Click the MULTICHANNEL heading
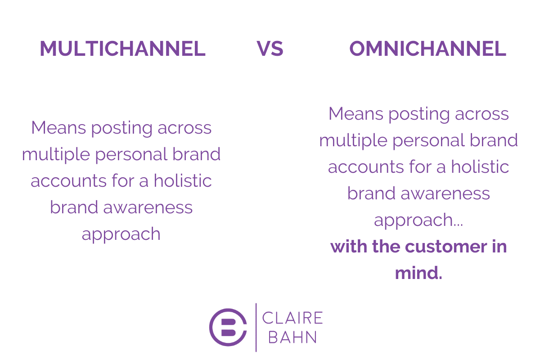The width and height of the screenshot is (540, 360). pyautogui.click(x=123, y=49)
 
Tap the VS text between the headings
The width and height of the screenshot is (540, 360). pyautogui.click(x=270, y=49)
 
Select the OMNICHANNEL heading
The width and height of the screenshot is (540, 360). pyautogui.click(x=427, y=49)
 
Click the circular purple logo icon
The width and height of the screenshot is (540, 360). pyautogui.click(x=228, y=327)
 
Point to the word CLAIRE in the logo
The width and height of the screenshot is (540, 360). pyautogui.click(x=292, y=318)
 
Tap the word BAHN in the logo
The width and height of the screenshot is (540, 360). pyautogui.click(x=292, y=337)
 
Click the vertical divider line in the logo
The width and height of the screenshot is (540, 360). pyautogui.click(x=256, y=328)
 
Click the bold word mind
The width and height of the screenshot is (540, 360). pyautogui.click(x=418, y=273)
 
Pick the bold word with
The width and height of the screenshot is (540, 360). pyautogui.click(x=349, y=246)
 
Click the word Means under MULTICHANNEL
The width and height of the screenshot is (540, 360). pyautogui.click(x=58, y=127)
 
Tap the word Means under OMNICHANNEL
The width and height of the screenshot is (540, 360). pyautogui.click(x=356, y=113)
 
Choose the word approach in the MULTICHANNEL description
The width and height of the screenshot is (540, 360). pyautogui.click(x=121, y=234)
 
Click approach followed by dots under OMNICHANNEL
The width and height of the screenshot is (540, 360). pyautogui.click(x=418, y=220)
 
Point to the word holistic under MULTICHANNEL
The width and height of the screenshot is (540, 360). pyautogui.click(x=183, y=180)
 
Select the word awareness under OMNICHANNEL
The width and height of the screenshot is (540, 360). pyautogui.click(x=445, y=193)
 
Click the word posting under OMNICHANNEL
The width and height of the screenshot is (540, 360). pyautogui.click(x=419, y=114)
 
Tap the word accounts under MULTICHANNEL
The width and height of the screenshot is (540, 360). pyautogui.click(x=69, y=181)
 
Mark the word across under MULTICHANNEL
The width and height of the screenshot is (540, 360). pyautogui.click(x=184, y=128)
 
